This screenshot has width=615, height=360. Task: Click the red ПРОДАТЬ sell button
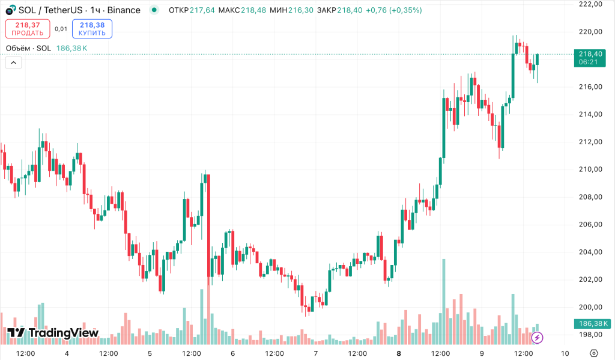(27, 29)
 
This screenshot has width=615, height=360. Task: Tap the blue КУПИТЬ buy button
(92, 29)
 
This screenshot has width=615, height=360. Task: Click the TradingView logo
(53, 333)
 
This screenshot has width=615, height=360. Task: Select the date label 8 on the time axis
(399, 353)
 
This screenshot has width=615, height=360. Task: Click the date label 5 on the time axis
(150, 353)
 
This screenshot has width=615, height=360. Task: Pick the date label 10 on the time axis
(565, 353)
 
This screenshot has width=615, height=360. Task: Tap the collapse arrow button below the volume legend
(13, 62)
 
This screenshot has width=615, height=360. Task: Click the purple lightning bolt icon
(538, 338)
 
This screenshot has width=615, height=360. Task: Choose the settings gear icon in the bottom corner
(594, 353)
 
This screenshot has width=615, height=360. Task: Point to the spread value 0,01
(61, 29)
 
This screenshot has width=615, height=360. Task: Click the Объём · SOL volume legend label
(28, 48)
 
